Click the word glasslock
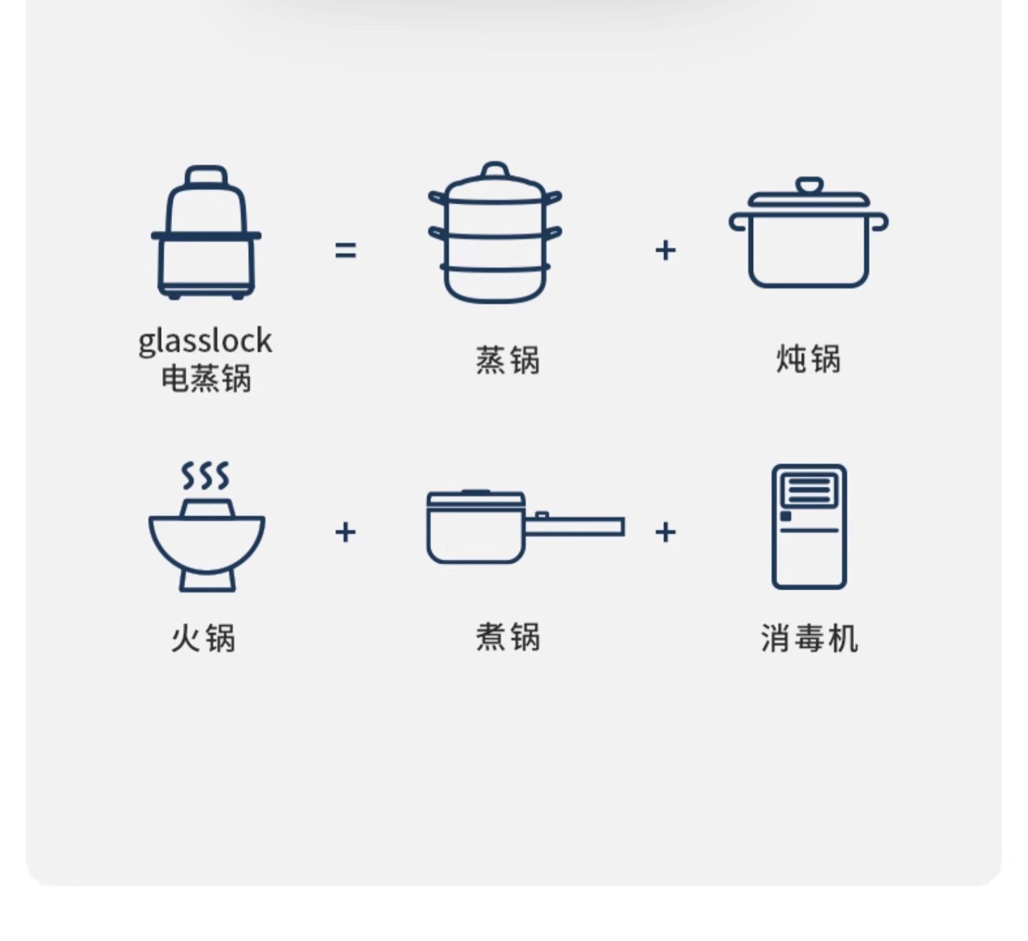tap(205, 341)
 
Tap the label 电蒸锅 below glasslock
tap(206, 378)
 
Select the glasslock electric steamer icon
tap(206, 233)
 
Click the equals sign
tap(345, 250)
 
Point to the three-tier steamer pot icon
tap(495, 233)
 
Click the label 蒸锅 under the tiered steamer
tap(508, 360)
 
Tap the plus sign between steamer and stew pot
tap(665, 250)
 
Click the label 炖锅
tap(809, 359)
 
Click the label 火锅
tap(204, 638)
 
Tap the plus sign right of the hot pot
tap(345, 532)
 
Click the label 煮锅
tap(508, 637)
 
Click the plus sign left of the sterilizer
tap(665, 532)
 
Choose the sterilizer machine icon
tap(809, 526)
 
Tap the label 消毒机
tap(809, 638)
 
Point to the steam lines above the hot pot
tap(205, 475)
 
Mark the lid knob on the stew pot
tap(809, 186)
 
